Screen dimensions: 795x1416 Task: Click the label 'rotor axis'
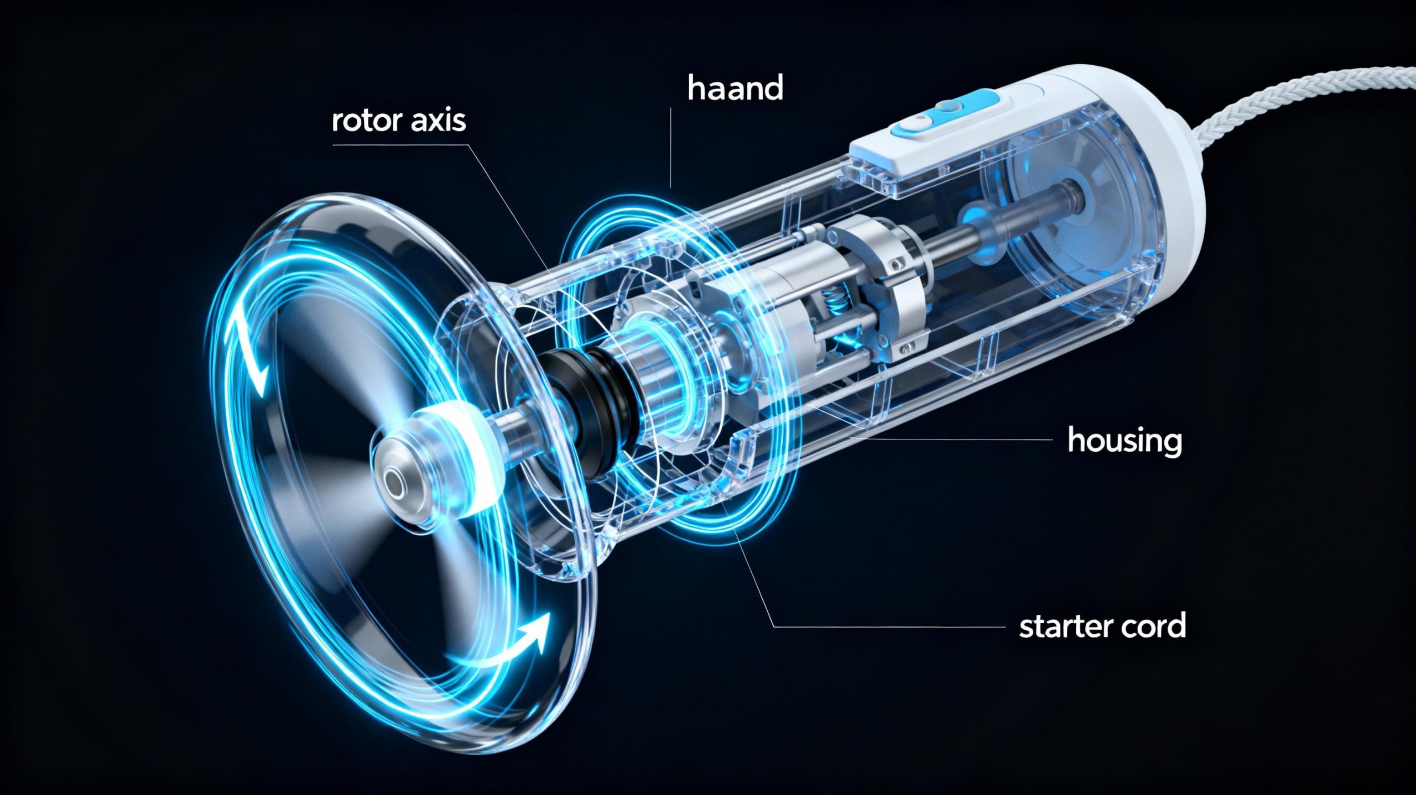(399, 121)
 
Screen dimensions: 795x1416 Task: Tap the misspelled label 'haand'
(735, 89)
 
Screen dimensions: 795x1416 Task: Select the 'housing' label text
(1125, 441)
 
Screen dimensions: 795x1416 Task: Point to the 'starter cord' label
(1102, 626)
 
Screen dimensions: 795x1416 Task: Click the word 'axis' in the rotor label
(438, 121)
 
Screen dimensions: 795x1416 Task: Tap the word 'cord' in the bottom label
(1155, 626)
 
